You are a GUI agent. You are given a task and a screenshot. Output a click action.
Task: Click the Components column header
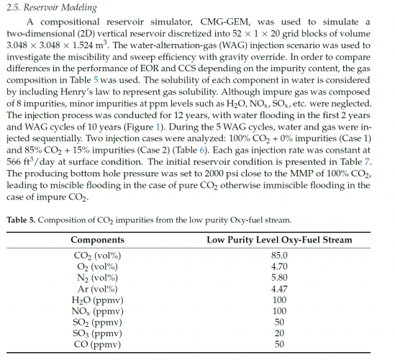tap(98, 240)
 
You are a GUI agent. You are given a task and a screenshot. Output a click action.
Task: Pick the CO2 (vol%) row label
tap(98, 256)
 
